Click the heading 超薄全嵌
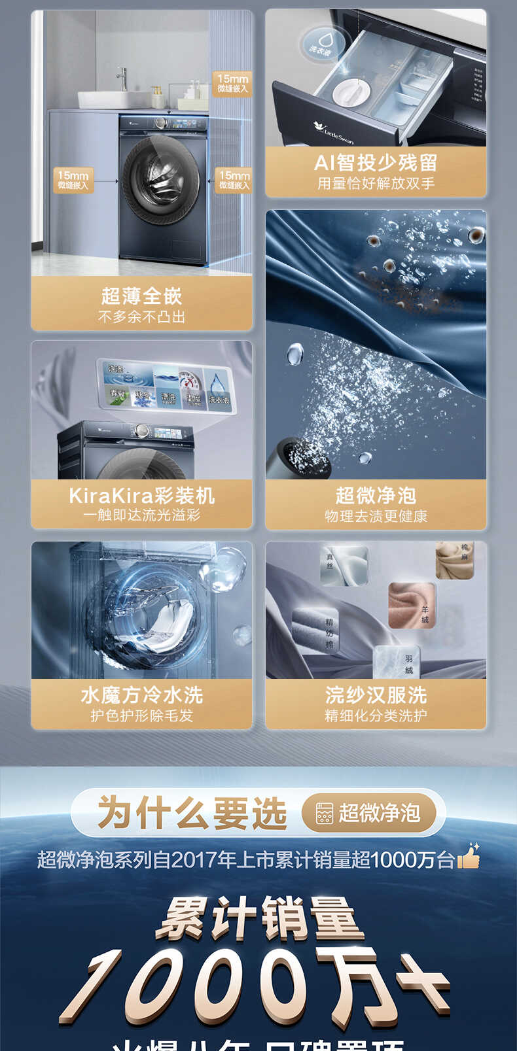point(141,296)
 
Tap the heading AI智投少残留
point(376,162)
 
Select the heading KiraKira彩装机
point(141,495)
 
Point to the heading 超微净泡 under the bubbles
point(376,495)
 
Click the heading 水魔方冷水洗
point(141,695)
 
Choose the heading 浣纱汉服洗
point(376,695)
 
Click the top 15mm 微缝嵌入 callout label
point(233,83)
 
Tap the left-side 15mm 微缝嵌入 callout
point(73,180)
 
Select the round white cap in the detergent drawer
point(351,91)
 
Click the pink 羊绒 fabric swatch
point(411,605)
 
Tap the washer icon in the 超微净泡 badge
point(324,813)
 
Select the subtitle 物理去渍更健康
point(376,517)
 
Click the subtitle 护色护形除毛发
point(141,715)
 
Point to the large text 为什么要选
point(192,813)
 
